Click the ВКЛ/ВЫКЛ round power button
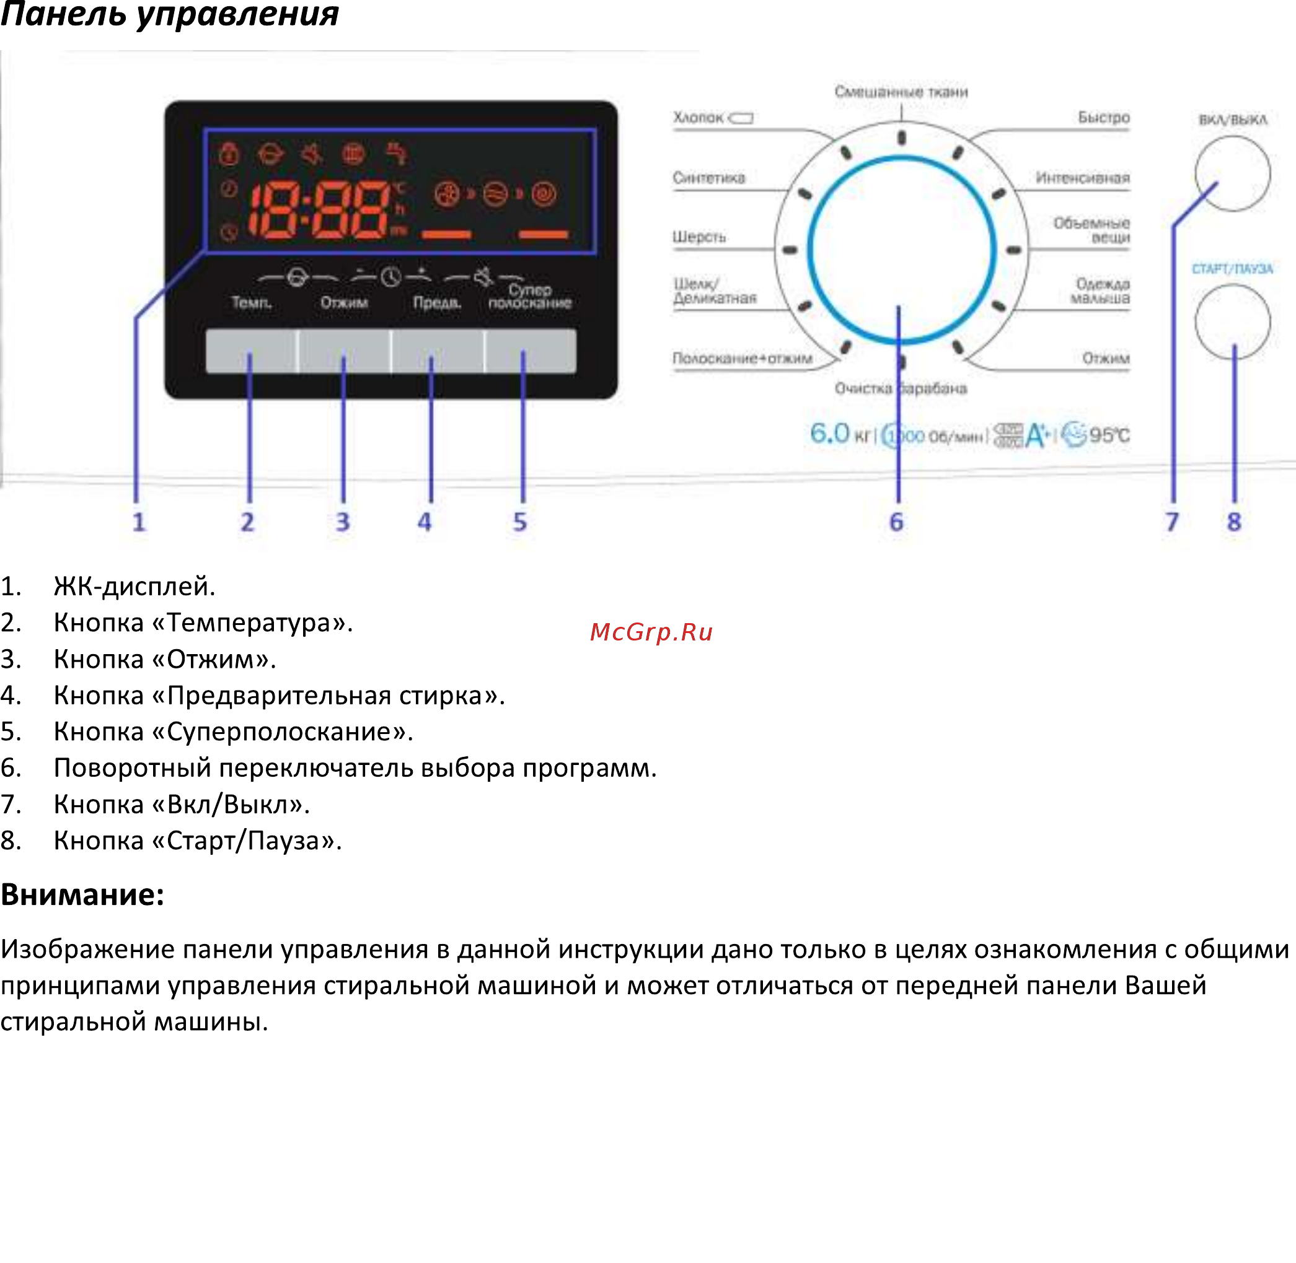tap(1232, 174)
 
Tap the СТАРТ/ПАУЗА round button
tap(1232, 322)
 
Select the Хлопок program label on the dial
tap(698, 118)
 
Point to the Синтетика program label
tap(708, 178)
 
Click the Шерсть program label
tap(699, 237)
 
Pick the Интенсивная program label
tap(1082, 178)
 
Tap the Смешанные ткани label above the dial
tap(901, 92)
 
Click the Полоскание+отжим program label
tap(742, 358)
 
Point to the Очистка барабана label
tap(900, 388)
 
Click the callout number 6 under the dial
tap(896, 522)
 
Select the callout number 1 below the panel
tap(139, 522)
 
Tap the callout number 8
tap(1233, 522)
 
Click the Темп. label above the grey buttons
tap(252, 302)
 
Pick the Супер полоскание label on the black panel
tap(529, 297)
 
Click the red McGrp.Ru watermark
tap(651, 632)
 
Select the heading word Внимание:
tap(82, 895)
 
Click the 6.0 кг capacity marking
tap(839, 434)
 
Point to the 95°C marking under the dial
tap(1109, 435)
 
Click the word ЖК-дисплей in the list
tap(134, 587)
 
